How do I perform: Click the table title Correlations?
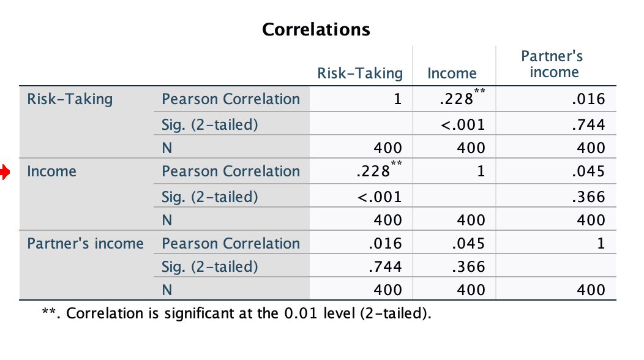click(x=316, y=29)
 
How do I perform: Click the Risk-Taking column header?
click(x=360, y=73)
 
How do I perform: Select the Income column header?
click(x=452, y=73)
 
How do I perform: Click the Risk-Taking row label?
click(x=70, y=99)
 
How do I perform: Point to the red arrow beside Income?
click(x=5, y=172)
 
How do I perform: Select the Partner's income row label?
click(x=85, y=244)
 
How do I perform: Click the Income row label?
click(x=52, y=171)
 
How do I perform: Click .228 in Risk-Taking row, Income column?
click(x=457, y=99)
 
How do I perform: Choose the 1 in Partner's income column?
click(x=601, y=244)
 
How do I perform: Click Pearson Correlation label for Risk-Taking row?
click(x=231, y=99)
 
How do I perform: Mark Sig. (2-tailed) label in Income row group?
click(x=210, y=197)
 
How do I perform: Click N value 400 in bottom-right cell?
click(x=592, y=290)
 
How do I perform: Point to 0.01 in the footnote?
click(x=298, y=314)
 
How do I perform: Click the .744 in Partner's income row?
click(x=386, y=267)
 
